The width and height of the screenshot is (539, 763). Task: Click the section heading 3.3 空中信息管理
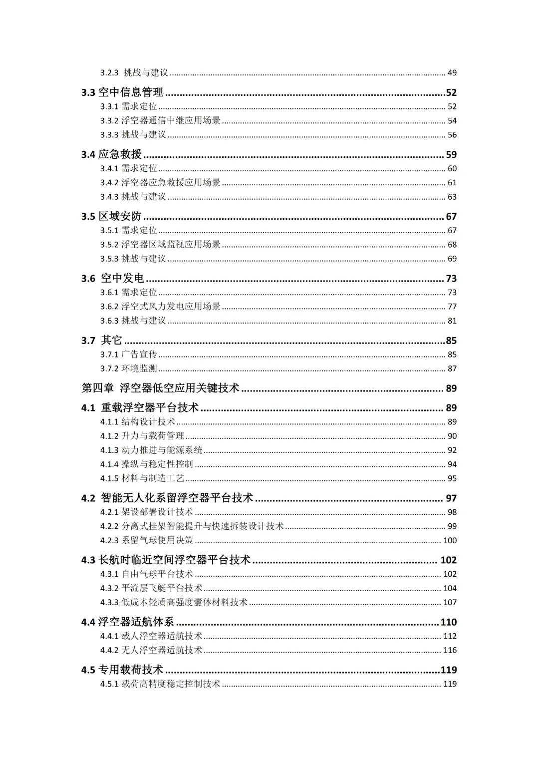[122, 92]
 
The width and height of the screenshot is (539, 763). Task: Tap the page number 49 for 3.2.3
[452, 73]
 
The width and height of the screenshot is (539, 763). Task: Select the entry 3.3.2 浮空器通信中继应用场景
[160, 121]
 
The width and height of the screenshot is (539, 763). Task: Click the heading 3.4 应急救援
[111, 154]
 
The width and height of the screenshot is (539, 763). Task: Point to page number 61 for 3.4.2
[452, 183]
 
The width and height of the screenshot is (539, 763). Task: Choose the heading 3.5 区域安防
[111, 216]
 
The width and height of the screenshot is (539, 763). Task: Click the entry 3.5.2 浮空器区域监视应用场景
[160, 245]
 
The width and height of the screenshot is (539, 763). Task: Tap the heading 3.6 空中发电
[113, 278]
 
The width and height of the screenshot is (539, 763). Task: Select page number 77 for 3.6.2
[452, 307]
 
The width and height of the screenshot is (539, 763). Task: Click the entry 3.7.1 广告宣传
[128, 355]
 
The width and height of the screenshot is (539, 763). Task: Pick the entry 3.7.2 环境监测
[128, 369]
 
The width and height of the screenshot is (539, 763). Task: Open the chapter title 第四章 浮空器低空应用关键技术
[160, 388]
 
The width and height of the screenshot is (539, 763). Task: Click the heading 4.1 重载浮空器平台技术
[140, 408]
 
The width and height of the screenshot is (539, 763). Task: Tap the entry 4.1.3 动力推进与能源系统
[151, 450]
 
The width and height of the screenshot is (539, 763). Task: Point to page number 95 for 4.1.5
[452, 478]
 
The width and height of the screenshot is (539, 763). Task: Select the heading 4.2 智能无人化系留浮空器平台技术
[167, 498]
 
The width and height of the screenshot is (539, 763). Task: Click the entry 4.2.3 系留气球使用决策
[147, 540]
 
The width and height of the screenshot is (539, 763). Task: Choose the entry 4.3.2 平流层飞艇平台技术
[151, 588]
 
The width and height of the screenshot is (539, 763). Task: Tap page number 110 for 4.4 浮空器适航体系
[449, 622]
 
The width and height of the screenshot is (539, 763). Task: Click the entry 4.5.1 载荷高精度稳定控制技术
[160, 684]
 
